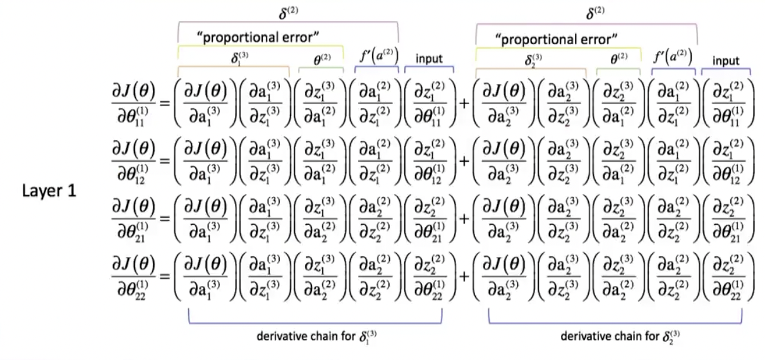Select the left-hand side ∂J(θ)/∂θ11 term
133,103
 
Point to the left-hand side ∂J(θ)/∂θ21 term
133,220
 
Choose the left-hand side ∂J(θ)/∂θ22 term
133,279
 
